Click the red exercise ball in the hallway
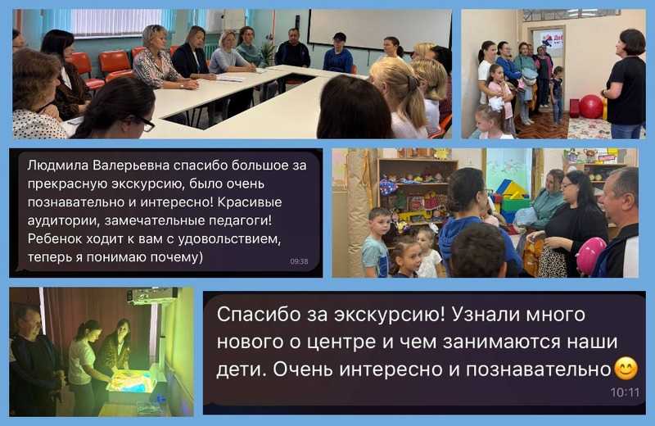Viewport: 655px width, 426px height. click(x=590, y=106)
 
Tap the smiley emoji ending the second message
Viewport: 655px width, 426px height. click(x=626, y=369)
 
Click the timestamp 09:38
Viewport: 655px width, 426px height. click(x=299, y=261)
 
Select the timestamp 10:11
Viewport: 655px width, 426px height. click(x=626, y=392)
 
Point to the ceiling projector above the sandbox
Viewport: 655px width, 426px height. click(x=153, y=296)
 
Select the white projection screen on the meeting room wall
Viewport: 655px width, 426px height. click(x=377, y=28)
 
